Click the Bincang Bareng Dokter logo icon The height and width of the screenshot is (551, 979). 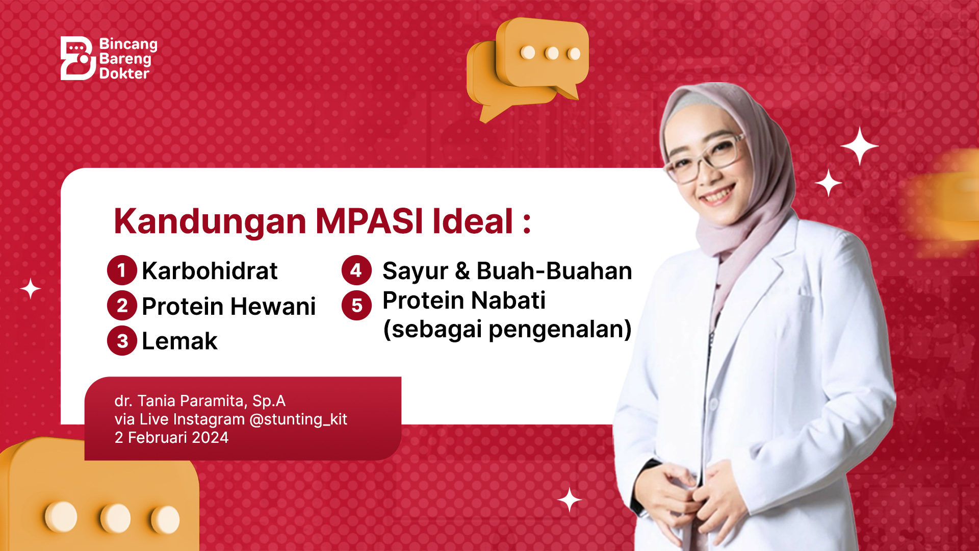point(78,58)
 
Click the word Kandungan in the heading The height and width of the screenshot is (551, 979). point(210,221)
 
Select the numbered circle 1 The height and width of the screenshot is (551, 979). point(122,270)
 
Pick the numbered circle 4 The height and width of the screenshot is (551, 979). point(356,270)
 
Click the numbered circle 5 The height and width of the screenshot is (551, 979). point(356,306)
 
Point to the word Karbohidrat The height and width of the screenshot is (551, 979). point(210,270)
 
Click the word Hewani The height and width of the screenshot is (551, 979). point(273,306)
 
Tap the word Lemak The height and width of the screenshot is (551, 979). point(179,341)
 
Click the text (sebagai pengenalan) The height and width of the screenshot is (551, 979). point(507,329)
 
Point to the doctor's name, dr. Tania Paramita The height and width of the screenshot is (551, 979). point(181,401)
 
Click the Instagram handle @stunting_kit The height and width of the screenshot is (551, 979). point(298,419)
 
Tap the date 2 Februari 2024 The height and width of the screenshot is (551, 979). point(171,437)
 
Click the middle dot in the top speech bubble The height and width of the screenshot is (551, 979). point(552,53)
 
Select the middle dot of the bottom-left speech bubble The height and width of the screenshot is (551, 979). point(115,517)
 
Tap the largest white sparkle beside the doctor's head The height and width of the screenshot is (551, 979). point(860,146)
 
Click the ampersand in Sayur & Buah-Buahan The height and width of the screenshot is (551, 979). point(462,271)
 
